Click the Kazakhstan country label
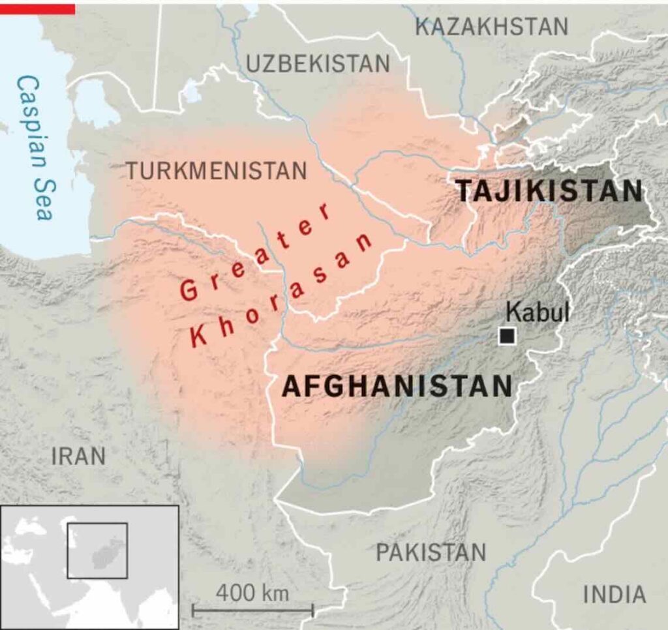pyautogui.click(x=492, y=27)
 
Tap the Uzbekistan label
pyautogui.click(x=318, y=63)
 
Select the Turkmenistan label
pyautogui.click(x=216, y=170)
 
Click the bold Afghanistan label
pyautogui.click(x=397, y=387)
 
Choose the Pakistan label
pyautogui.click(x=431, y=552)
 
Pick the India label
pyautogui.click(x=614, y=594)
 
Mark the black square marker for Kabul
pyautogui.click(x=507, y=336)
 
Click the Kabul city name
pyautogui.click(x=538, y=312)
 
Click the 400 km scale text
pyautogui.click(x=252, y=593)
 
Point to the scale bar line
pyautogui.click(x=252, y=611)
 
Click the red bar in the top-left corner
pyautogui.click(x=37, y=8)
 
